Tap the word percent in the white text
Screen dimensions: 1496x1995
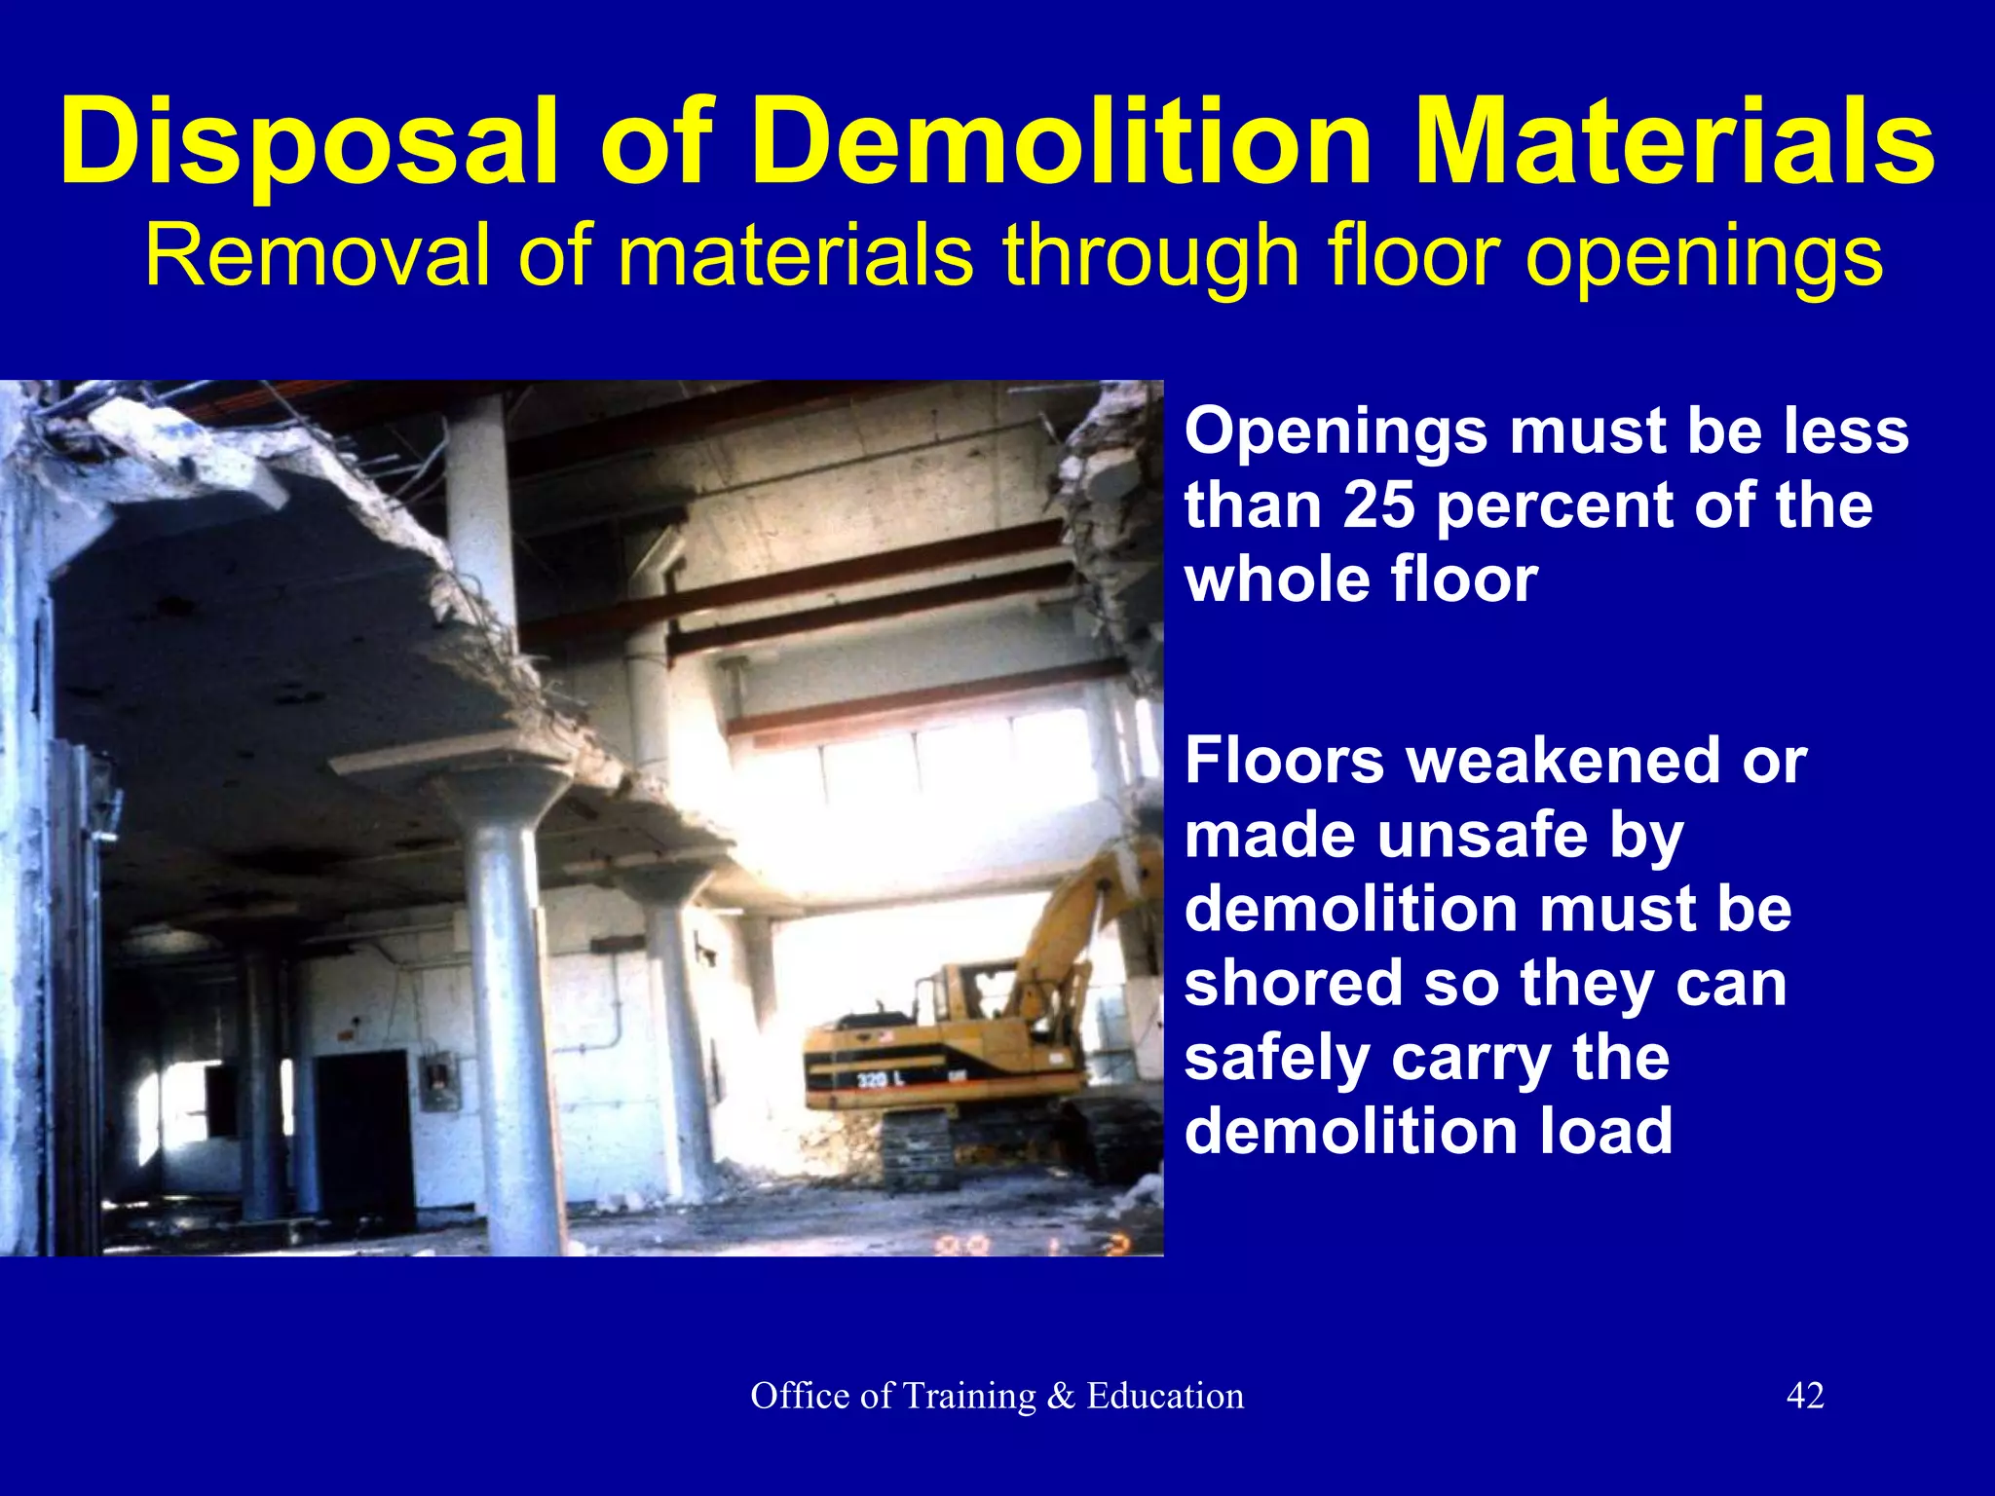click(x=1555, y=506)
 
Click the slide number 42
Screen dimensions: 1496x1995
click(x=1804, y=1396)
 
